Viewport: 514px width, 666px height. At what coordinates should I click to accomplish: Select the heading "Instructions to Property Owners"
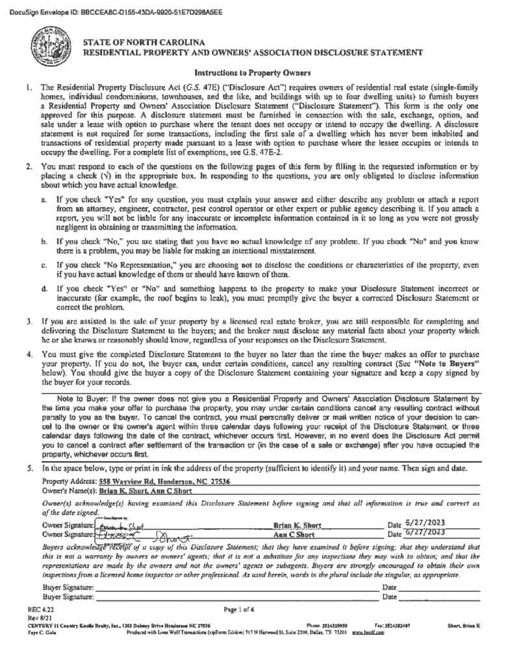click(x=253, y=73)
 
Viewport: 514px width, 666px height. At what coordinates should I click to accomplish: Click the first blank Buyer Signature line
click(x=234, y=587)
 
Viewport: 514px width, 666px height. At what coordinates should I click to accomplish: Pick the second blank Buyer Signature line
click(x=234, y=597)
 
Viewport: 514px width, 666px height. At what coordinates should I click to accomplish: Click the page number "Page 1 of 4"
click(x=239, y=609)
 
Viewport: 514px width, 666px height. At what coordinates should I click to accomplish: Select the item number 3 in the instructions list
click(x=29, y=321)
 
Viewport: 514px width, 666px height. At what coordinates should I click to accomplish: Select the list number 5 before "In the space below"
click(x=29, y=468)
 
